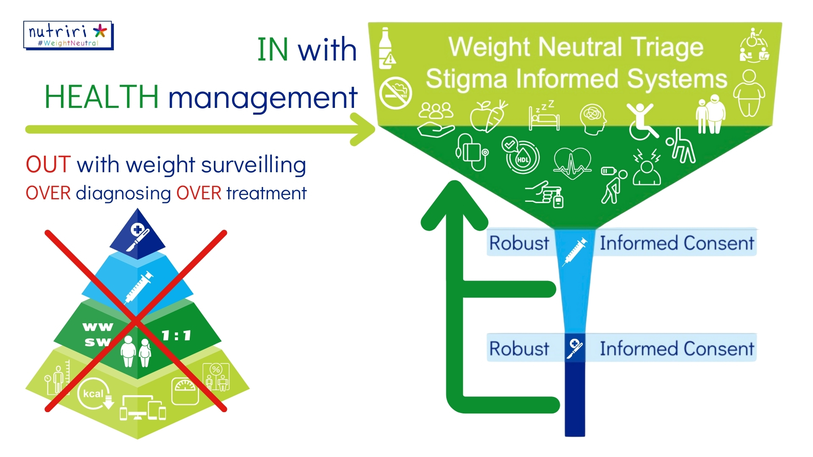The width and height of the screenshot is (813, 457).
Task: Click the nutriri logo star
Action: tap(100, 31)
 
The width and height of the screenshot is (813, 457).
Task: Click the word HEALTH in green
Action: tap(102, 97)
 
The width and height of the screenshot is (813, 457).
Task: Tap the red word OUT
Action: tap(48, 164)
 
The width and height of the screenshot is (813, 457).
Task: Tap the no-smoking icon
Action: tap(395, 93)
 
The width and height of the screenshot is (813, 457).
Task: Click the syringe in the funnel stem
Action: tap(574, 251)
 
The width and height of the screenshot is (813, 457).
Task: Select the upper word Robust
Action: tap(519, 243)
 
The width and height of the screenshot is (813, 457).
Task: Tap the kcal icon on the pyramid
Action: tap(94, 394)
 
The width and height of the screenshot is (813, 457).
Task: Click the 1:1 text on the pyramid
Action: tap(177, 336)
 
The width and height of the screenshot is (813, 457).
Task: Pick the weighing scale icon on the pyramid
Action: tap(185, 391)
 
